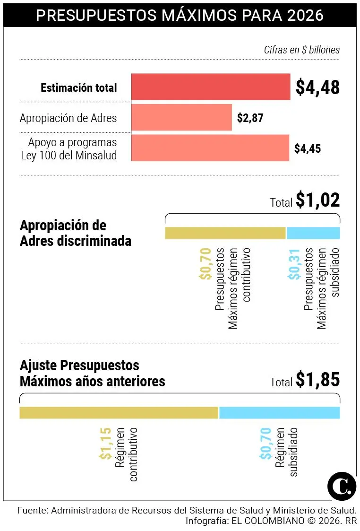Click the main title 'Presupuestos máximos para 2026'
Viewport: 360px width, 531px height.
tap(180, 15)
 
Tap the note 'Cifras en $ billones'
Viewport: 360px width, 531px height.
tap(301, 50)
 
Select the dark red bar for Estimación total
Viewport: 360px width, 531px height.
tap(211, 87)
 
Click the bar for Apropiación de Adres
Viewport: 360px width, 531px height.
tap(181, 117)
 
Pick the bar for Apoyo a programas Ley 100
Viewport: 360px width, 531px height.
tap(210, 148)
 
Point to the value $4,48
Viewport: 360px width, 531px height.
tap(317, 87)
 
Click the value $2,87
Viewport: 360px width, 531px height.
tap(250, 118)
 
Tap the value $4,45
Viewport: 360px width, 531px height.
tap(307, 148)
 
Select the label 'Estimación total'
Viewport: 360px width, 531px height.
tap(78, 88)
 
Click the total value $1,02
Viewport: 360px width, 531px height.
tap(317, 200)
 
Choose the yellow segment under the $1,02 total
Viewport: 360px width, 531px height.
tap(225, 233)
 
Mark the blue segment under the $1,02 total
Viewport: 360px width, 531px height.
tap(313, 233)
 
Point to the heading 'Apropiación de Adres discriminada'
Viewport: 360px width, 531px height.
tap(76, 233)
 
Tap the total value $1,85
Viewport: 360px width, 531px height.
tap(317, 380)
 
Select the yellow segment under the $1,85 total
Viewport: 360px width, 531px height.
tap(119, 412)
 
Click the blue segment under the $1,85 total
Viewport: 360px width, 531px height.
tap(279, 412)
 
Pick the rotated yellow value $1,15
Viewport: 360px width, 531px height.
tap(105, 443)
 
